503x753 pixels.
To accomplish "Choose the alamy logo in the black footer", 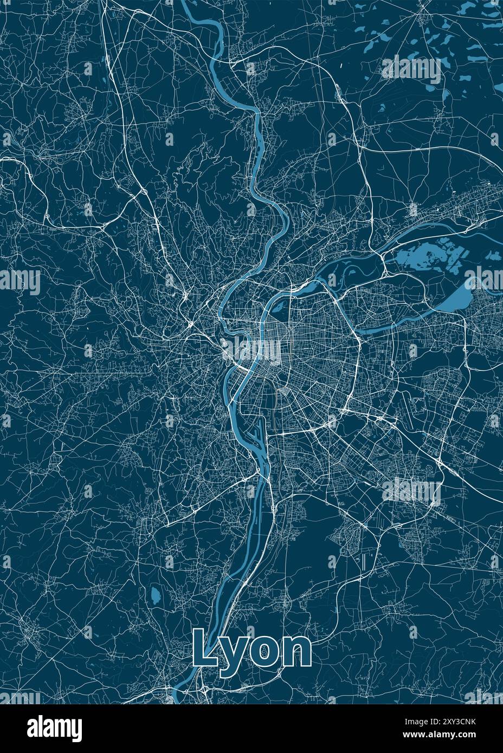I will point(54,726).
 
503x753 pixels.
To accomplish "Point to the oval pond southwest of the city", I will point(156,596).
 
